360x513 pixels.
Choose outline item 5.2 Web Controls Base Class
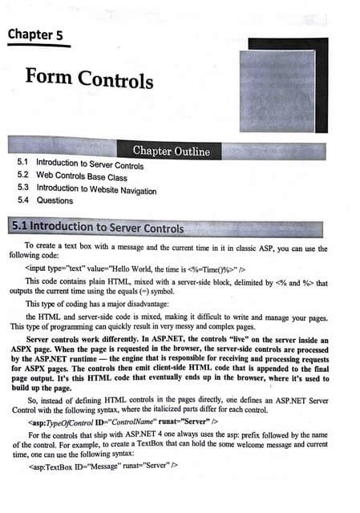pos(71,177)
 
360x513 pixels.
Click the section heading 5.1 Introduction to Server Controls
pos(97,228)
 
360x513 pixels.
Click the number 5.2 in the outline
pos(23,177)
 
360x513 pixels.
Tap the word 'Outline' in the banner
pos(192,151)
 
